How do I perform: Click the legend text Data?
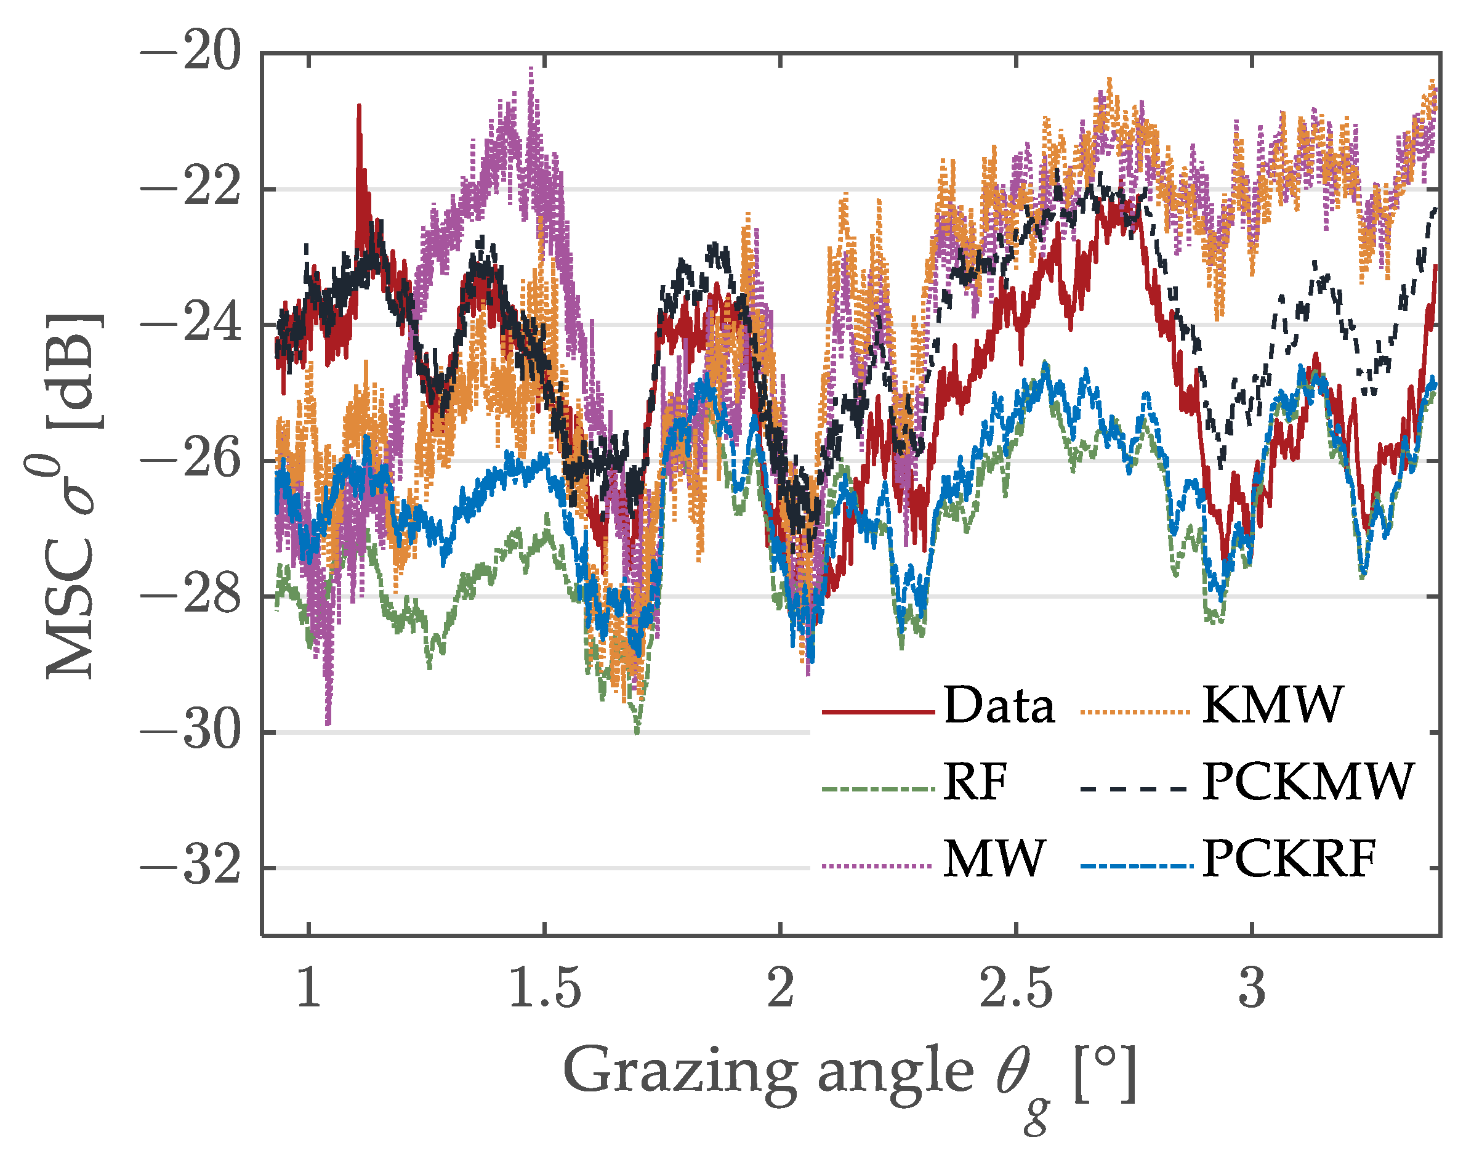point(999,706)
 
